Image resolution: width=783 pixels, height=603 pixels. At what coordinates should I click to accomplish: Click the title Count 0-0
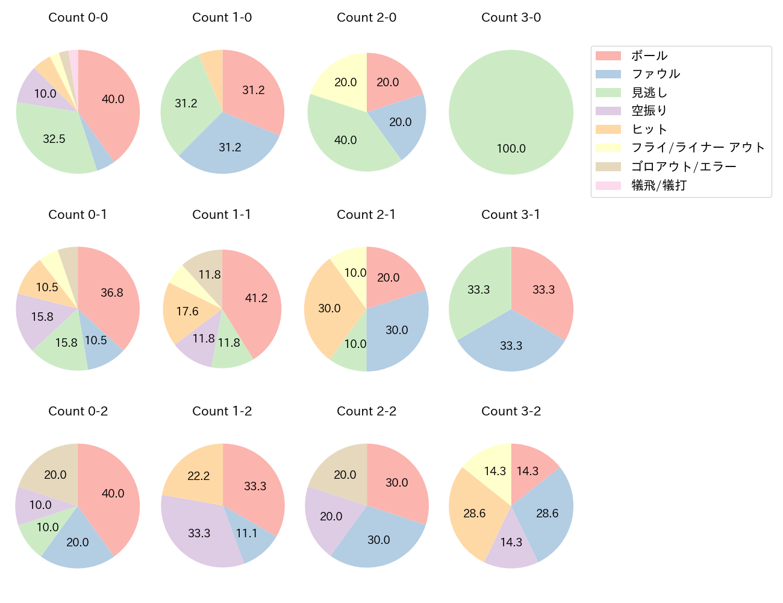tap(78, 17)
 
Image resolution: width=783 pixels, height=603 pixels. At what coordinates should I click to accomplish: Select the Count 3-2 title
tap(511, 411)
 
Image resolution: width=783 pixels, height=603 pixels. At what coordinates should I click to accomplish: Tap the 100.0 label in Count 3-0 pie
tap(511, 148)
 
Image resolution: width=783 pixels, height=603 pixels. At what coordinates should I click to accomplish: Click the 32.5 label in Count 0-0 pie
tap(54, 139)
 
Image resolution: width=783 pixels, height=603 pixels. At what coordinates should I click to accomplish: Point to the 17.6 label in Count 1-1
tap(187, 311)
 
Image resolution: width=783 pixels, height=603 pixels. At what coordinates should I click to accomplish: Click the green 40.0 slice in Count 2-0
tap(346, 140)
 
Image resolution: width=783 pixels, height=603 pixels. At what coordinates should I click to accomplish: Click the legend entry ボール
tap(649, 55)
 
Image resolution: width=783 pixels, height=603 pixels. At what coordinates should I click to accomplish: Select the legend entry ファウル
tap(655, 74)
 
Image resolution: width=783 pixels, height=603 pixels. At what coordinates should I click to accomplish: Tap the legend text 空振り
tap(649, 111)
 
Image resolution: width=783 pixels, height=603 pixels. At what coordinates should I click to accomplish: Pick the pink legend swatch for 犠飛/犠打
tap(608, 186)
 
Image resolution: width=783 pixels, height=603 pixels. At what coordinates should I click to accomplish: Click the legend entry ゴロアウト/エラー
tap(684, 167)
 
